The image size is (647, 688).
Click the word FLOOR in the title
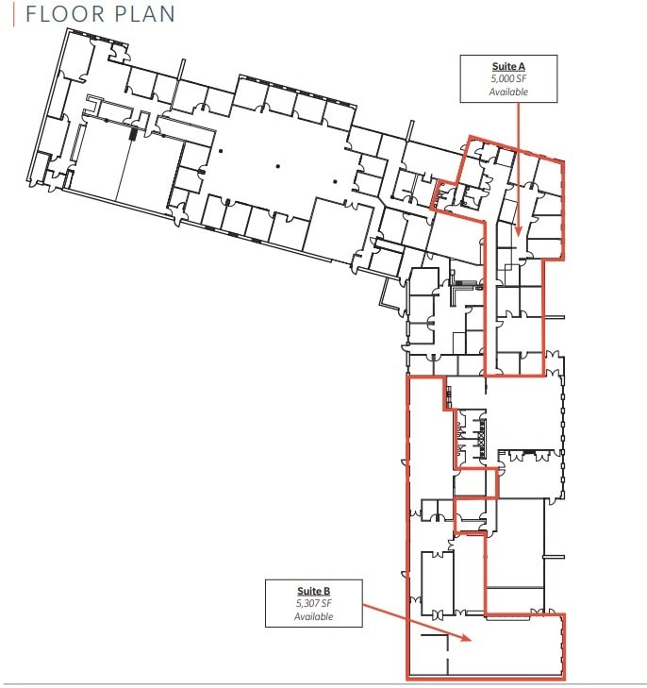pyautogui.click(x=65, y=14)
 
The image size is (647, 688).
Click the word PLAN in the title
pyautogui.click(x=144, y=14)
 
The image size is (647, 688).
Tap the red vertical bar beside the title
pyautogui.click(x=14, y=14)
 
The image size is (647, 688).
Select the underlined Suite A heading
pyautogui.click(x=508, y=67)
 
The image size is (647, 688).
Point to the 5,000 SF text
pyautogui.click(x=508, y=79)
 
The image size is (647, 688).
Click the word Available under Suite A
pyautogui.click(x=508, y=92)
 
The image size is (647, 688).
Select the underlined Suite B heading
pyautogui.click(x=314, y=591)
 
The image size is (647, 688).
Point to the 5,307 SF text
pyautogui.click(x=314, y=604)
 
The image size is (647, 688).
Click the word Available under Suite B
pyautogui.click(x=314, y=616)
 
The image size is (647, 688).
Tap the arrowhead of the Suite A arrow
pyautogui.click(x=519, y=230)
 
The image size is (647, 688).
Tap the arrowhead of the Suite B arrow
pyautogui.click(x=467, y=638)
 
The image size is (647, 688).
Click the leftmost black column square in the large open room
pyautogui.click(x=221, y=151)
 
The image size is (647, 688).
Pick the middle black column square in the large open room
pyautogui.click(x=278, y=166)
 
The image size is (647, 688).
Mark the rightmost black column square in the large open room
pyautogui.click(x=336, y=181)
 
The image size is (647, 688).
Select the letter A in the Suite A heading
pyautogui.click(x=522, y=67)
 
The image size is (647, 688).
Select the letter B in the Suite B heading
pyautogui.click(x=327, y=591)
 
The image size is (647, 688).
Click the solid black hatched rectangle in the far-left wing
pyautogui.click(x=133, y=132)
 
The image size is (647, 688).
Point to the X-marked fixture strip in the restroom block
pyautogui.click(x=483, y=439)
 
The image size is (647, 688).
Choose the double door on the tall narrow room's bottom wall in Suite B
pyautogui.click(x=438, y=614)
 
